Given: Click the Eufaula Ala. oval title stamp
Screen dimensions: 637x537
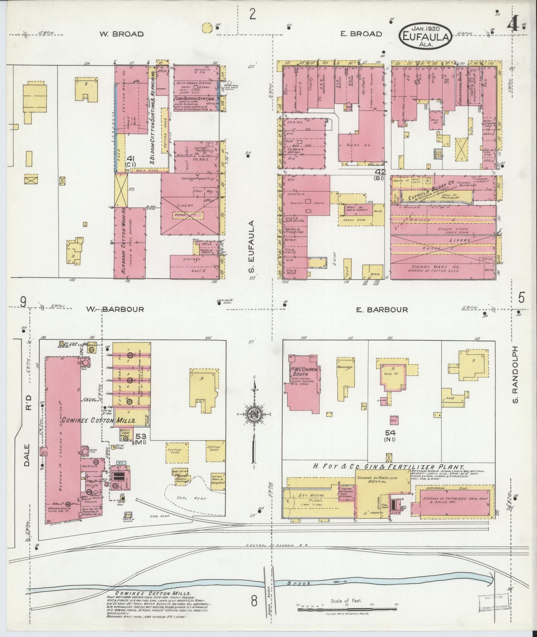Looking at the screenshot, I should click(x=426, y=36).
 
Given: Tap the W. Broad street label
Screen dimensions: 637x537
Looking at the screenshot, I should click(x=121, y=34).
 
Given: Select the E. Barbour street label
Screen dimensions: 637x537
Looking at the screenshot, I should click(x=382, y=309).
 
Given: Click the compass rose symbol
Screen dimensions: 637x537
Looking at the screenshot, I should click(x=255, y=414).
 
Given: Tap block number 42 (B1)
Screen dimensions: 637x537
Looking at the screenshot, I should click(x=381, y=174).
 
